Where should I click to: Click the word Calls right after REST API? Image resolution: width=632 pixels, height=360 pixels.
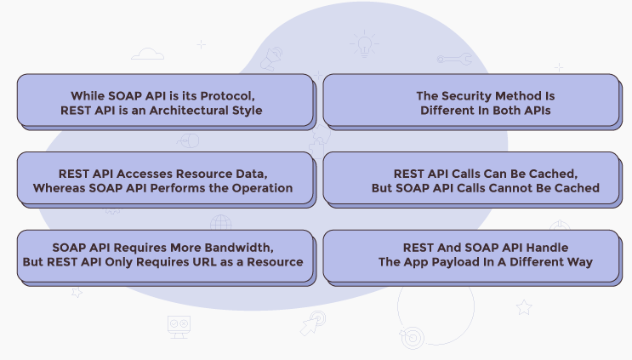pos(470,173)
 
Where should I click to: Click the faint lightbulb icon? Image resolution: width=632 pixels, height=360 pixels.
pos(366,44)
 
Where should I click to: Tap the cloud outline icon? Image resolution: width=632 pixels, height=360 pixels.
pos(149,54)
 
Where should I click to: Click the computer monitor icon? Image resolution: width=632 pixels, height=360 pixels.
pos(179,325)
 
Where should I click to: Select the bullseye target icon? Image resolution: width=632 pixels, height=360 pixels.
pos(412,336)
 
